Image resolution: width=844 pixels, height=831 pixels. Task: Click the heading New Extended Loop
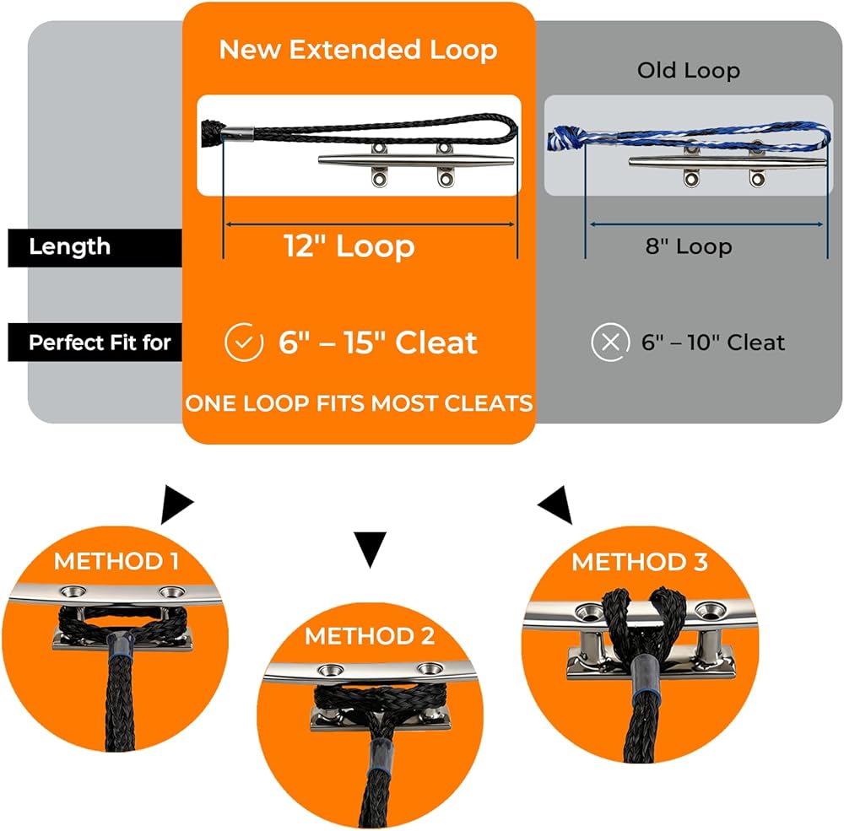pyautogui.click(x=359, y=49)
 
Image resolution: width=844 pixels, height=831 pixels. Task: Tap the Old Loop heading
pyautogui.click(x=688, y=71)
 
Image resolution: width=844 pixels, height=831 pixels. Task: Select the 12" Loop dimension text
pyautogui.click(x=349, y=246)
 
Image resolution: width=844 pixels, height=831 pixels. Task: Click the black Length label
pyautogui.click(x=70, y=247)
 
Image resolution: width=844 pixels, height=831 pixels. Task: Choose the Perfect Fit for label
pyautogui.click(x=100, y=343)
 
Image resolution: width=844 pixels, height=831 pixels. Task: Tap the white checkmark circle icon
pyautogui.click(x=243, y=343)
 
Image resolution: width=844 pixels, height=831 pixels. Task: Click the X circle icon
pyautogui.click(x=610, y=343)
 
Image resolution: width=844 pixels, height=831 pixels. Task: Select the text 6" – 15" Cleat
pyautogui.click(x=377, y=343)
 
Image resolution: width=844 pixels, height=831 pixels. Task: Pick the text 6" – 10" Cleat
pyautogui.click(x=712, y=343)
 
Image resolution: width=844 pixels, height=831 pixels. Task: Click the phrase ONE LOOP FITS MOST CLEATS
pyautogui.click(x=359, y=403)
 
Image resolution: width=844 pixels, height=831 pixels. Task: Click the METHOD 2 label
pyautogui.click(x=370, y=635)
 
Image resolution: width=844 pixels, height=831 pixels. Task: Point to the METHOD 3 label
pyautogui.click(x=639, y=561)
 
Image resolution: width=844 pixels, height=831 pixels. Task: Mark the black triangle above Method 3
pyautogui.click(x=557, y=505)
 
